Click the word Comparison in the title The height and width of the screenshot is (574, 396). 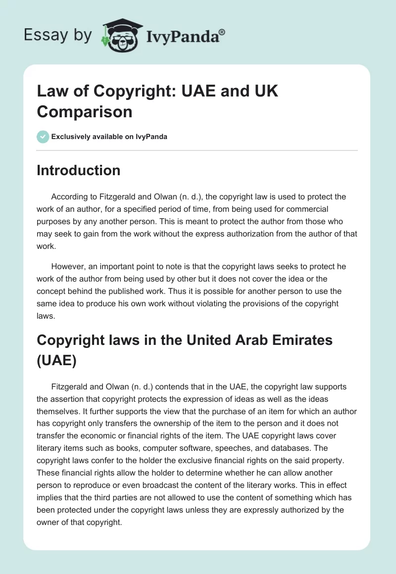point(85,111)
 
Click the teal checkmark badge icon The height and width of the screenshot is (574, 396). point(43,137)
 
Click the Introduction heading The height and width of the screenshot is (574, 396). point(79,170)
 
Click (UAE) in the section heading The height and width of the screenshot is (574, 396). point(57,360)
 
